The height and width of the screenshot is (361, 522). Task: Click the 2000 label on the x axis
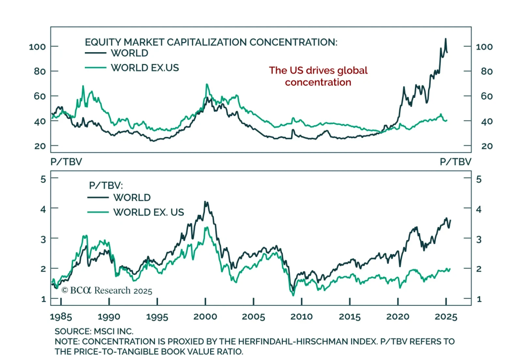tap(205, 316)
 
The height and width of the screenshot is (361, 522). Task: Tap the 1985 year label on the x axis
tap(61, 316)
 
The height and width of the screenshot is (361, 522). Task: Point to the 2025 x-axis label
tap(446, 316)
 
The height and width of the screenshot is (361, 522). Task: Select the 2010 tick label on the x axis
tap(301, 316)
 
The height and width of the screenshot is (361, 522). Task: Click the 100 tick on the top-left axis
tap(37, 47)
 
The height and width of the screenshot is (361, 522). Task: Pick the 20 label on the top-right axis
tap(487, 146)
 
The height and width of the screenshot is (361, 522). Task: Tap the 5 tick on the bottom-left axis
tap(43, 179)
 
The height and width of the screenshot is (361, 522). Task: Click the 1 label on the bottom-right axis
tap(479, 299)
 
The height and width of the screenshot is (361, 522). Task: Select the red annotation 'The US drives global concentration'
tap(318, 76)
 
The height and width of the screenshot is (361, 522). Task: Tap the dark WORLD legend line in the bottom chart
tap(98, 197)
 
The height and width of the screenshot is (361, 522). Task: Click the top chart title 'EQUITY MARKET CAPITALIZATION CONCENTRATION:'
tap(211, 42)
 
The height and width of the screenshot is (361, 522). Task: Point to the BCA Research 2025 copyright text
tap(107, 290)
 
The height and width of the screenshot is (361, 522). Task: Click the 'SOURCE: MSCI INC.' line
tap(94, 331)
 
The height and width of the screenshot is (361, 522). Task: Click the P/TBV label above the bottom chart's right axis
tap(455, 162)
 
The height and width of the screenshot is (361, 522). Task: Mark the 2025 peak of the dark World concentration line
tap(446, 39)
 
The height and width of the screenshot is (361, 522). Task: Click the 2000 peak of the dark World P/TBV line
tap(205, 202)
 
